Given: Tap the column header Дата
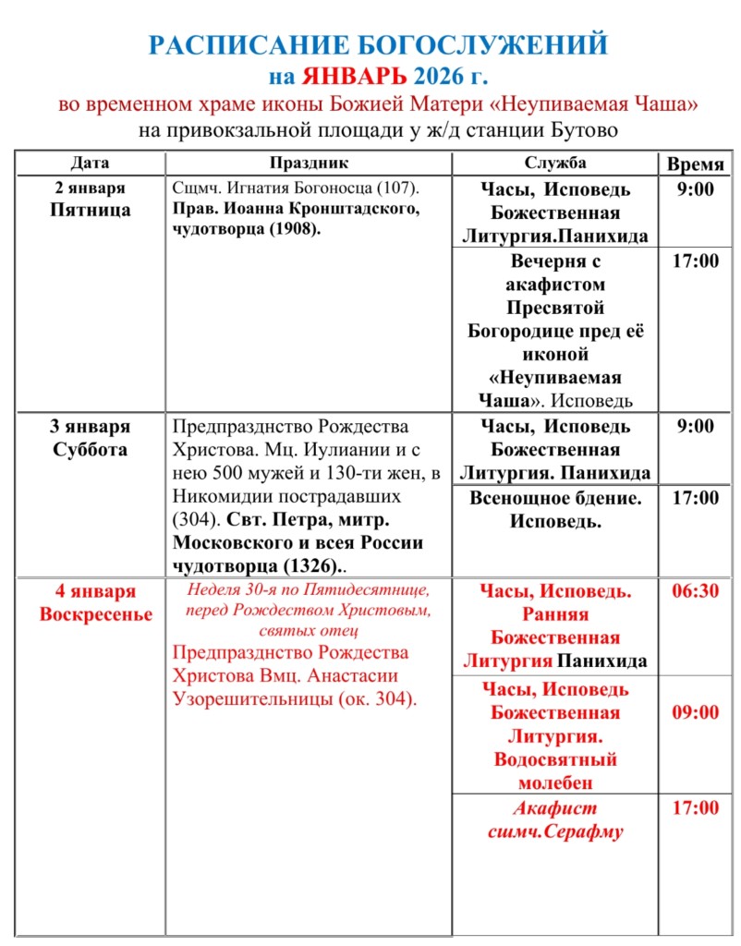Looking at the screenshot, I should point(90,163).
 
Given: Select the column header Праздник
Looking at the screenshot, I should point(309,163).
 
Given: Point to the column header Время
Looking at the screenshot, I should point(696,164).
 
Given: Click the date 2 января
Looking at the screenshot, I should point(90,188).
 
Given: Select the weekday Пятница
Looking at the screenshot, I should point(90,210).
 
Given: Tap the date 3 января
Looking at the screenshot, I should point(90,427).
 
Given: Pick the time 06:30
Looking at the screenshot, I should point(696,591).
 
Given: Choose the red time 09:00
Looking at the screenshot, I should point(696,712).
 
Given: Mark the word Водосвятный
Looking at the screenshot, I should point(555,760).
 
